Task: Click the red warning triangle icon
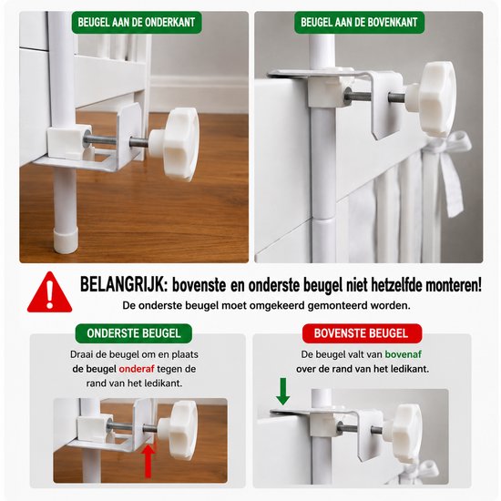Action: click(49, 292)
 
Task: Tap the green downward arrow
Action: click(282, 392)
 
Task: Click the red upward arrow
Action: click(148, 461)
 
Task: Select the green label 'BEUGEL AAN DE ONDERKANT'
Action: click(137, 23)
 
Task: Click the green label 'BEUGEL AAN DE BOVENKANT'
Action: click(359, 23)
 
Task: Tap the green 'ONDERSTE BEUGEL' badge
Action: click(134, 333)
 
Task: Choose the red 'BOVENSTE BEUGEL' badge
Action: click(362, 333)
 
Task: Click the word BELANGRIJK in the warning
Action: click(123, 284)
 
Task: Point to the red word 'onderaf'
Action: click(137, 369)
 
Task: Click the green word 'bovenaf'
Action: click(404, 354)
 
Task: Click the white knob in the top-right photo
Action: click(433, 96)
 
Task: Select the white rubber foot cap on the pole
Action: click(66, 240)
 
